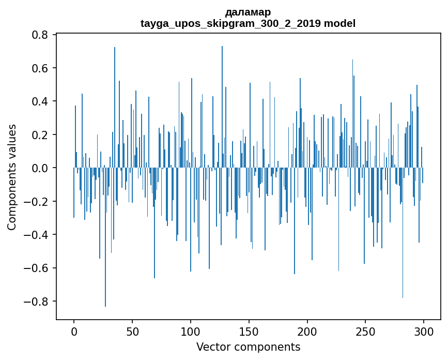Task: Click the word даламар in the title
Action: coord(248,12)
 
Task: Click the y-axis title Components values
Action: coord(12,177)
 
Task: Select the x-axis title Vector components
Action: coord(248,347)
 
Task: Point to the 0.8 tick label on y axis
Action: coord(40,35)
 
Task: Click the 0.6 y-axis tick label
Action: coord(40,68)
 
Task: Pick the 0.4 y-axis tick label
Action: coord(40,101)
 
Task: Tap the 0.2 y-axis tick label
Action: coord(40,135)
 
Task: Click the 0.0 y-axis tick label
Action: coord(40,168)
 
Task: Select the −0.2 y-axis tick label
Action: coord(37,202)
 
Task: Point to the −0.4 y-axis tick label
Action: coord(37,235)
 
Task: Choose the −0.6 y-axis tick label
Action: coord(37,268)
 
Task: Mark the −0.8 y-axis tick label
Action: coord(37,302)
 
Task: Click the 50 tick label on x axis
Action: coord(132,331)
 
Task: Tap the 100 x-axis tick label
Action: coord(191,331)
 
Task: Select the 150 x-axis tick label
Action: coord(249,331)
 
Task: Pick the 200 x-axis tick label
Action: coord(307,331)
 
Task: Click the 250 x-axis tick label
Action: coord(366,331)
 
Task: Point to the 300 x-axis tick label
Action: coord(424,331)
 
